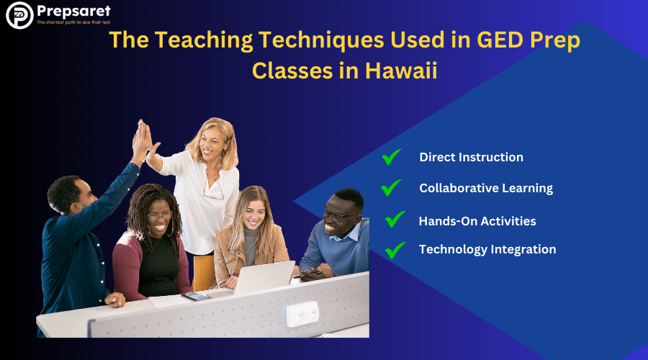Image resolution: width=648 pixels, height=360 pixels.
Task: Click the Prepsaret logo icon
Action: click(19, 15)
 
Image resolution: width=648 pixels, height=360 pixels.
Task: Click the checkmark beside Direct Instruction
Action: click(391, 157)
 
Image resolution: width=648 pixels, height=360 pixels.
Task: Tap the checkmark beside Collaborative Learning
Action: click(391, 188)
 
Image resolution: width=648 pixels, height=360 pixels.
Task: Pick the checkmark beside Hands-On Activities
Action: click(395, 220)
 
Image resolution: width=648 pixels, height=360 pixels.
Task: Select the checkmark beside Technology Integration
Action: click(395, 250)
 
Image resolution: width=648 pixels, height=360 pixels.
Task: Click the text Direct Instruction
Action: click(471, 157)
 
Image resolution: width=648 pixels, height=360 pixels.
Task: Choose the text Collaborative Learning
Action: click(486, 188)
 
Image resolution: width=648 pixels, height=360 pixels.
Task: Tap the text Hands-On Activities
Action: click(477, 221)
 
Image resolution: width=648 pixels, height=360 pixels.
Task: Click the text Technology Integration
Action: click(487, 250)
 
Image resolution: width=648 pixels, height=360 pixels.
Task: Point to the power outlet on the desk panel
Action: click(302, 314)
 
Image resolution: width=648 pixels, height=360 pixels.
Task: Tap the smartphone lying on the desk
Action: click(195, 296)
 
